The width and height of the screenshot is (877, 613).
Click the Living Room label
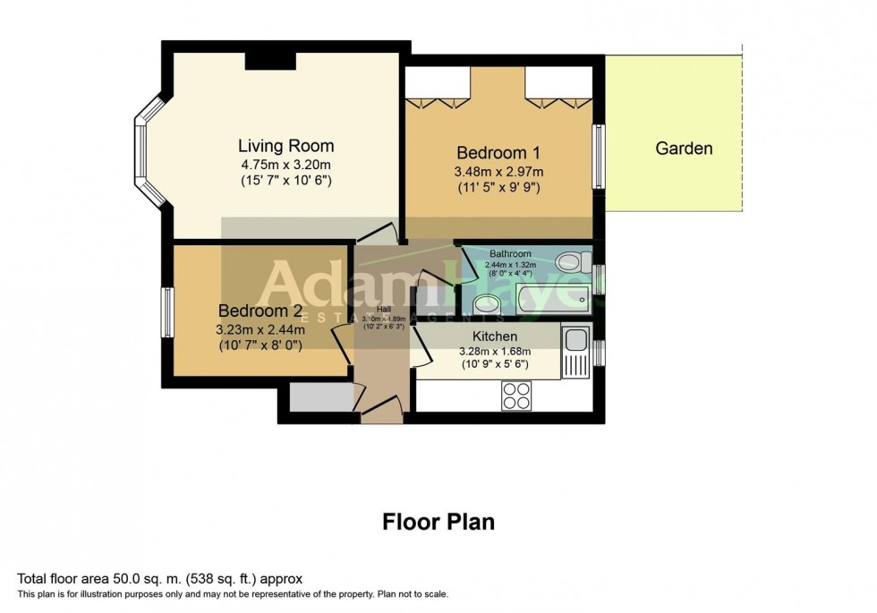point(285,145)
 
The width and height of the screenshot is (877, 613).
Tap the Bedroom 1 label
point(498,152)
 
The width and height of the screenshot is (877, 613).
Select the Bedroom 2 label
point(260,311)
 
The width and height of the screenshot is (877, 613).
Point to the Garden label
point(684,149)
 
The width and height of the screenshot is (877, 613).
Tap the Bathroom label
point(509,254)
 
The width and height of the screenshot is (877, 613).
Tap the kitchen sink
point(575,340)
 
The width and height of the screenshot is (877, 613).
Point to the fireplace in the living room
point(270,57)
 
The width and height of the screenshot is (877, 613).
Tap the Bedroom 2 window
point(166,313)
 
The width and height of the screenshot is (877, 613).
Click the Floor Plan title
point(438,521)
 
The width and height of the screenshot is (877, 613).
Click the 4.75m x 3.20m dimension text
point(285,165)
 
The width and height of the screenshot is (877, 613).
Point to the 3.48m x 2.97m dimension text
point(498,171)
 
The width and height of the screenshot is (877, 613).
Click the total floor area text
point(166,579)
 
